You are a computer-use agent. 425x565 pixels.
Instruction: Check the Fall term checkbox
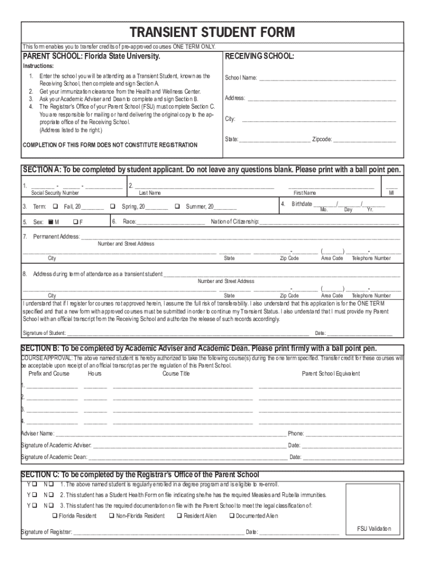point(55,206)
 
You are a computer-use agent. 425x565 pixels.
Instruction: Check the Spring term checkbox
point(113,206)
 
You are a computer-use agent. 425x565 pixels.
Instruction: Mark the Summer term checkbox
point(177,206)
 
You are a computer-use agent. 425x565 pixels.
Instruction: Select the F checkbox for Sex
point(75,222)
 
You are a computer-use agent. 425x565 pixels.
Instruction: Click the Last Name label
point(150,193)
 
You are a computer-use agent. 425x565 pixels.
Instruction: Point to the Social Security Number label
point(55,193)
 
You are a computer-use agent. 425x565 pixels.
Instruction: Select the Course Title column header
point(176,374)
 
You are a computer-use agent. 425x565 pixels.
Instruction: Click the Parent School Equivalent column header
point(331,374)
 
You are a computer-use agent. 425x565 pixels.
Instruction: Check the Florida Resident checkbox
point(55,516)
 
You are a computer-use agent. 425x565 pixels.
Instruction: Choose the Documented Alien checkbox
point(231,516)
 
